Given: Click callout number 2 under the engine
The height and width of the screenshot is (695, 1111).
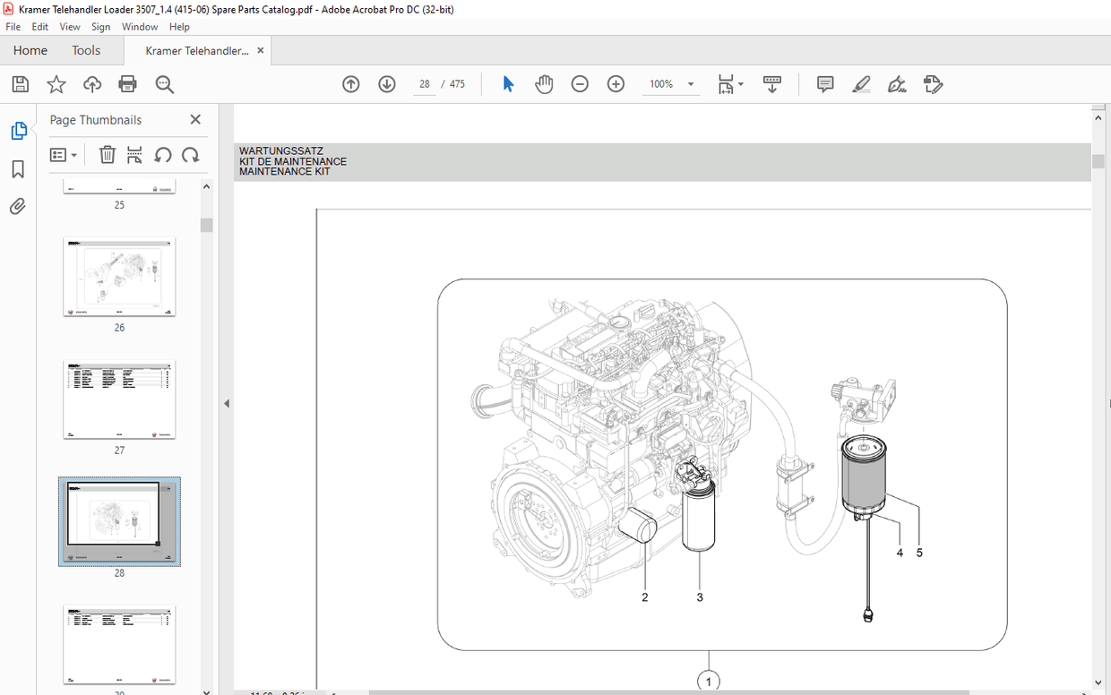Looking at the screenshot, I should coord(644,597).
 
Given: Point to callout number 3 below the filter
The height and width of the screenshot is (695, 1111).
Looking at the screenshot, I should coord(700,597).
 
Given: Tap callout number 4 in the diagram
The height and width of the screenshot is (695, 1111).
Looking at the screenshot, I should coord(900,553).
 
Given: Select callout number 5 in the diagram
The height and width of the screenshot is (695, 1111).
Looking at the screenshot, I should coord(919,553).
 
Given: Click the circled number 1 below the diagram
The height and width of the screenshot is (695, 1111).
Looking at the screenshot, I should coord(709,682).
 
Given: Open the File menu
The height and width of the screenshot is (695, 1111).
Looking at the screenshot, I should coord(13,27).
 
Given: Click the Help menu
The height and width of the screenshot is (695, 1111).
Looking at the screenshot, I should coord(179,27).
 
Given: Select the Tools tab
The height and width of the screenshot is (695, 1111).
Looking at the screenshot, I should coord(86,50).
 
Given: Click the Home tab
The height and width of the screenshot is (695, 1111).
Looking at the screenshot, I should coord(30,50).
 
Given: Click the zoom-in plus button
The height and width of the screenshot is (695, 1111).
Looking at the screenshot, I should coord(616,84).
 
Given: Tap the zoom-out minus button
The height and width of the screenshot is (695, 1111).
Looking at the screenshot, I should coord(580,84).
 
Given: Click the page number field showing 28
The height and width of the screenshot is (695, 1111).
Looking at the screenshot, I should coord(424,84).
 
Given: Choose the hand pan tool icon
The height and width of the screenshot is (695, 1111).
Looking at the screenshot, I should coord(544,84).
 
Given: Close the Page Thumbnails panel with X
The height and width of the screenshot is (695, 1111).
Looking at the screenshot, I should coord(195,119).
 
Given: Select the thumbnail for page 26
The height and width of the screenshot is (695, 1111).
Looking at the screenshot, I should coord(119,277).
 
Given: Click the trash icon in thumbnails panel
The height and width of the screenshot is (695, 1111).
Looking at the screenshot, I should coord(107,155).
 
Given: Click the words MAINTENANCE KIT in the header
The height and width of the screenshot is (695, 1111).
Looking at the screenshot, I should coord(284,171).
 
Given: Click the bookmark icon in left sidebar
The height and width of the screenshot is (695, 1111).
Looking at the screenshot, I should coord(18,169).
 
